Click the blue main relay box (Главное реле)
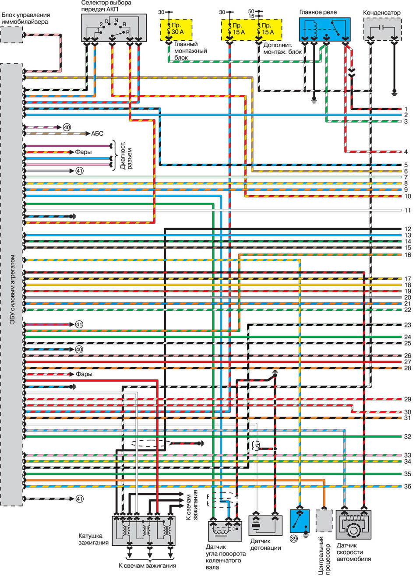(x=324, y=29)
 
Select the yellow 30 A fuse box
(x=176, y=30)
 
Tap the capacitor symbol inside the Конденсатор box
(x=382, y=27)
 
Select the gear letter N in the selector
(x=116, y=20)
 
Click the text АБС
(x=97, y=133)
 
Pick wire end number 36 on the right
(x=408, y=486)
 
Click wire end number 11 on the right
(x=408, y=210)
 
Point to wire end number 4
(x=405, y=152)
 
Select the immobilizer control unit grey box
(x=11, y=35)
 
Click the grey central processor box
(x=324, y=521)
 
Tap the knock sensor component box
(x=265, y=525)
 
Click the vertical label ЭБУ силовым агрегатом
(x=13, y=289)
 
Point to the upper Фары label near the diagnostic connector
(x=83, y=152)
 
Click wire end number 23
(x=408, y=325)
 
